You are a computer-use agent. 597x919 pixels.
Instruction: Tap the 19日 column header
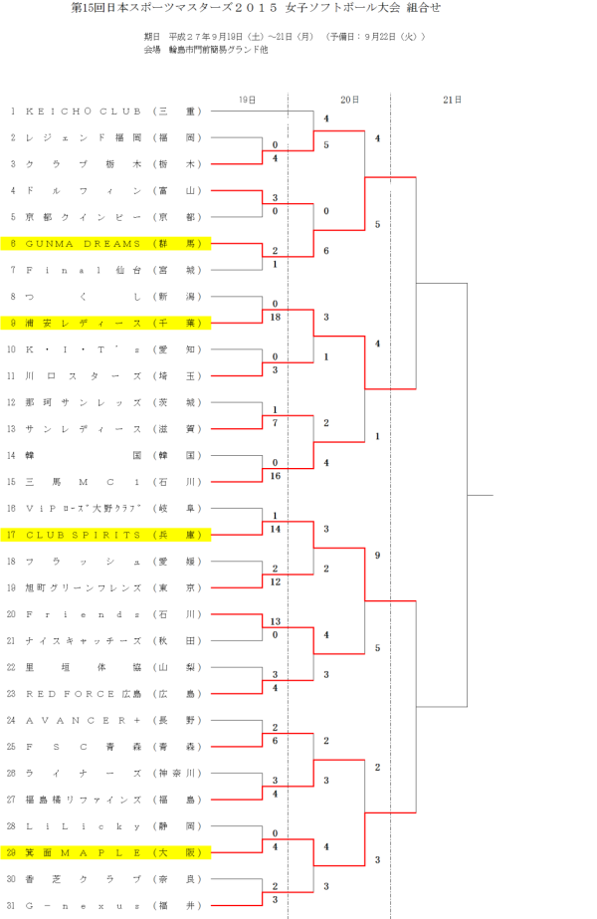click(248, 100)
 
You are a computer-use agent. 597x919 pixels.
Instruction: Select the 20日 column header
click(349, 100)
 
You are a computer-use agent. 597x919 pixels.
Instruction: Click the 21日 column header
click(451, 100)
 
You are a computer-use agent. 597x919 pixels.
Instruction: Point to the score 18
click(275, 317)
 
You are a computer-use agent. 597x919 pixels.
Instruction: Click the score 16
click(275, 476)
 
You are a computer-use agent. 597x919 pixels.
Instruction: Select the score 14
click(275, 529)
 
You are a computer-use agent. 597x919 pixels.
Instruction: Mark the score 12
click(275, 581)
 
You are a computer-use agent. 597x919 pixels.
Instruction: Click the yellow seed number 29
click(12, 852)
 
